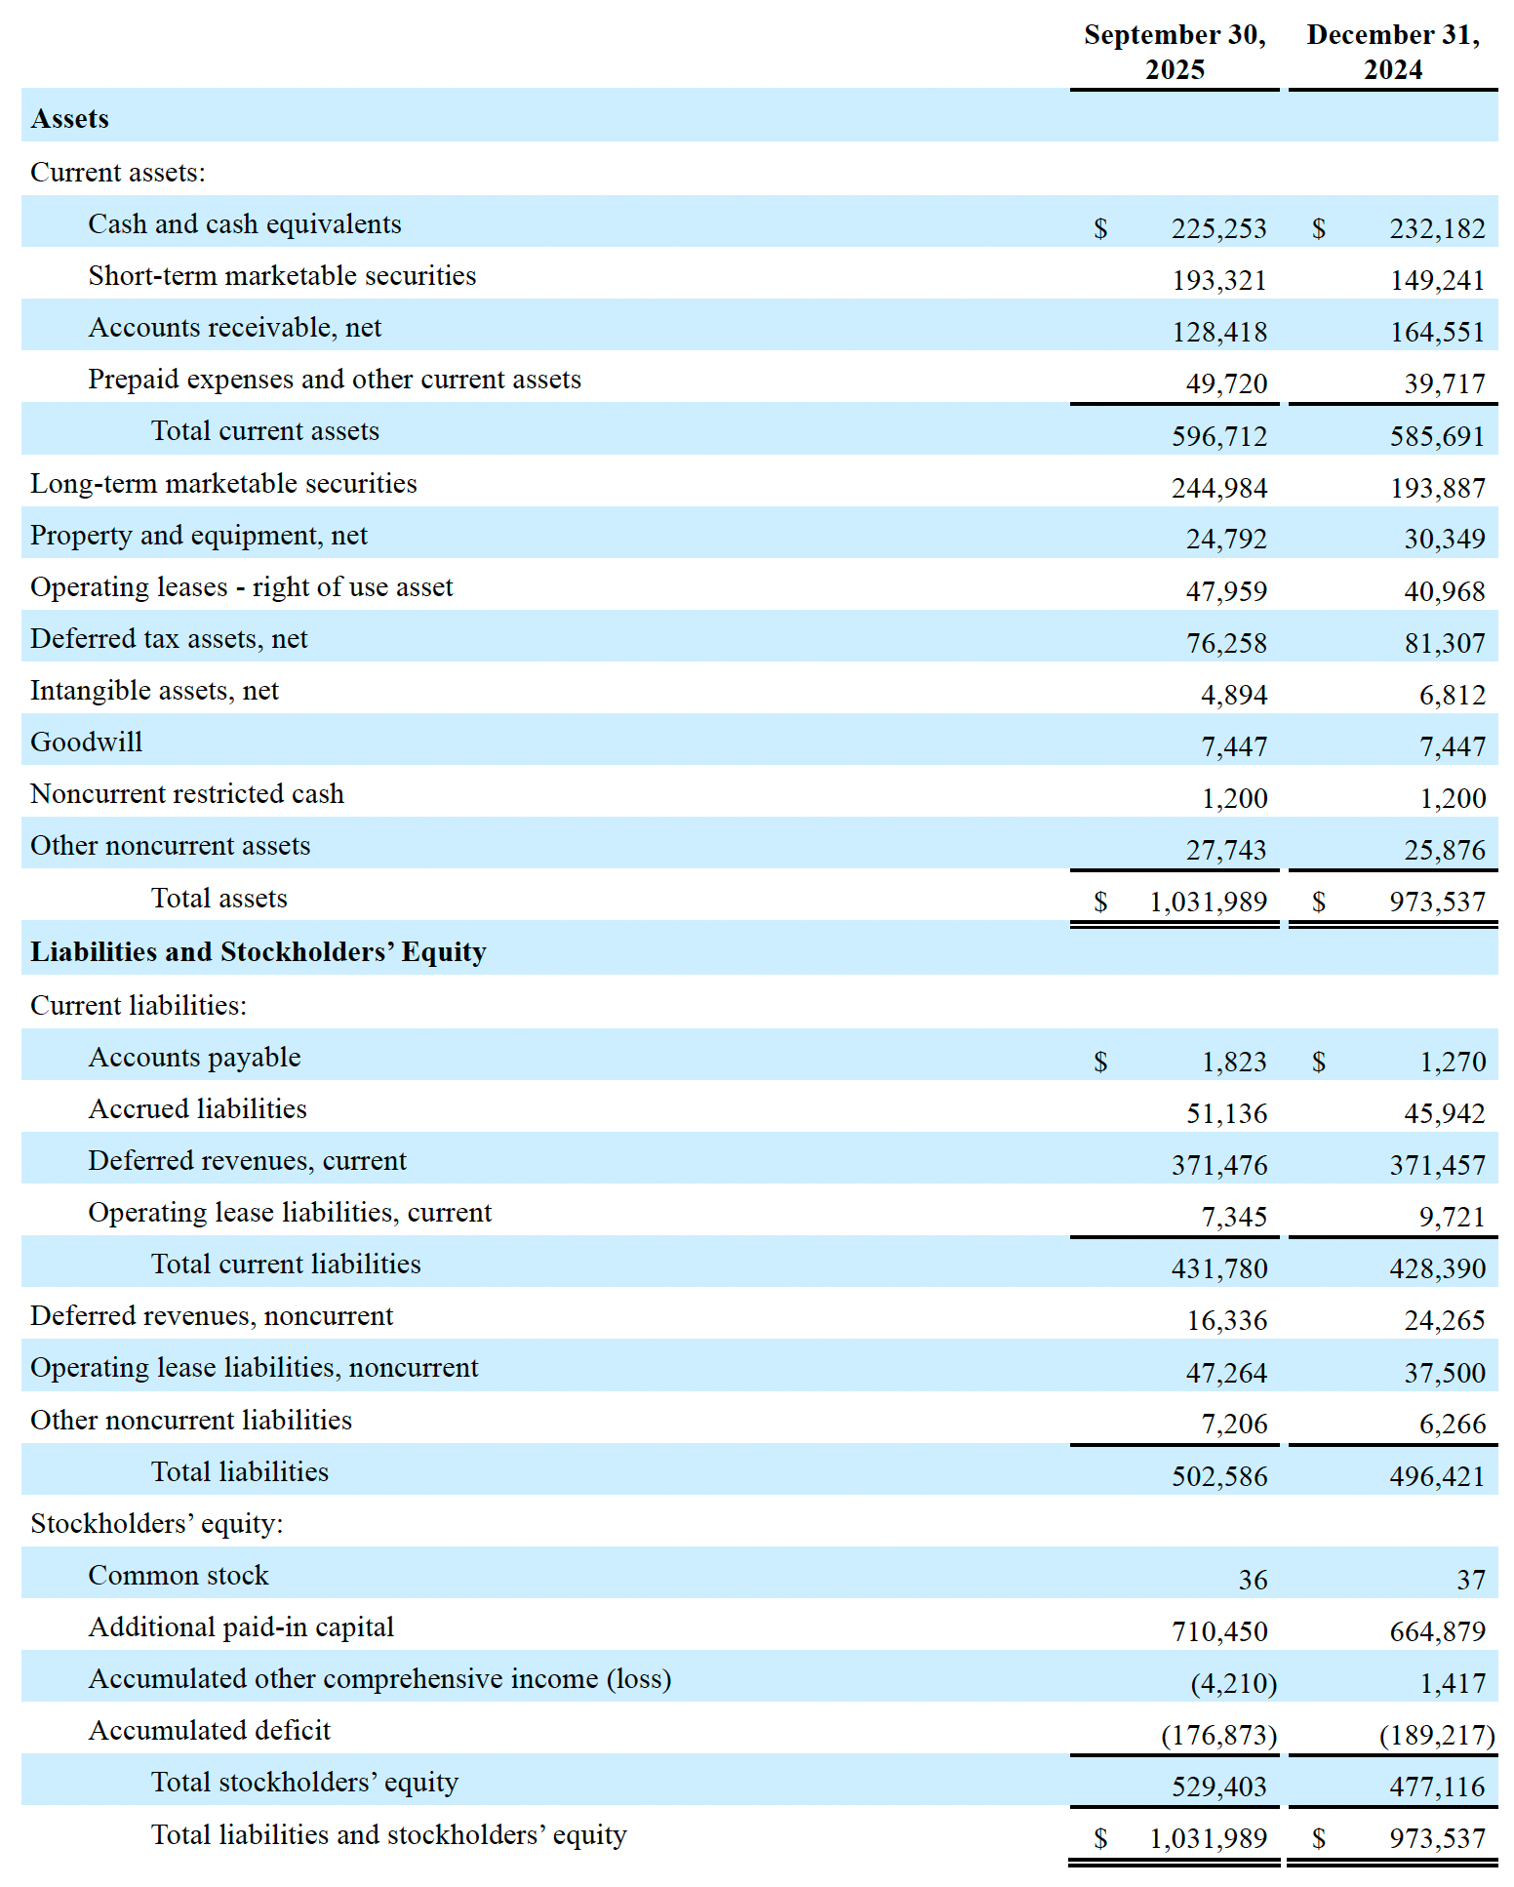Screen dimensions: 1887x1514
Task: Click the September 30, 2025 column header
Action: (x=1175, y=53)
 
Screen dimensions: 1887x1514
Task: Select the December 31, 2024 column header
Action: (x=1393, y=53)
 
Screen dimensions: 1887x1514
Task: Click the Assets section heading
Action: (x=70, y=119)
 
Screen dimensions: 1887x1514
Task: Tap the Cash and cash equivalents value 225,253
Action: (x=1218, y=228)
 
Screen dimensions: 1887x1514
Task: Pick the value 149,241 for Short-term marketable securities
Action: (x=1437, y=281)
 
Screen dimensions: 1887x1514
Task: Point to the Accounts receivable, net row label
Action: (x=235, y=328)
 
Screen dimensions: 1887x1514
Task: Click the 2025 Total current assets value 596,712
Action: (x=1218, y=436)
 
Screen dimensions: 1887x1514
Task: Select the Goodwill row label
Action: (x=87, y=743)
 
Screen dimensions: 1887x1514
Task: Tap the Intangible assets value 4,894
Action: (x=1233, y=695)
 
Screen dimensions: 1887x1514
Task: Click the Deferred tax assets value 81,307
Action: (x=1444, y=643)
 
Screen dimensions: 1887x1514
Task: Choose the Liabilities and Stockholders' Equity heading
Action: (x=259, y=952)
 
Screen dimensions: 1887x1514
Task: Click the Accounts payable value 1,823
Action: (x=1233, y=1062)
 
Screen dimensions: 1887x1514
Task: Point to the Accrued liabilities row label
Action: (x=198, y=1109)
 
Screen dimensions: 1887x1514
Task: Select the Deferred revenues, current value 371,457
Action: (x=1437, y=1165)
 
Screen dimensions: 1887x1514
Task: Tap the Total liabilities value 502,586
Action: (x=1218, y=1476)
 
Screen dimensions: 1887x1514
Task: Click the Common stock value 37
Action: (x=1470, y=1580)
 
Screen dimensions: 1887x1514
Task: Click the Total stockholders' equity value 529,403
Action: (x=1218, y=1787)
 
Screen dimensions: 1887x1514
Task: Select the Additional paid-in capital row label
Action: (x=242, y=1627)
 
